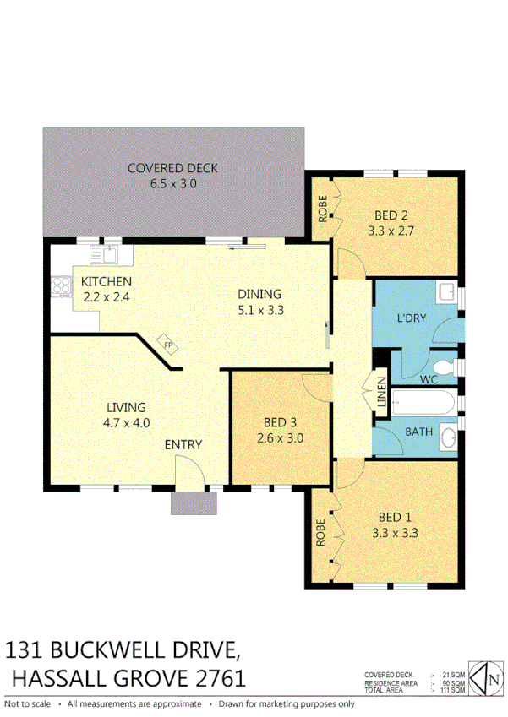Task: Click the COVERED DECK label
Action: pyautogui.click(x=172, y=168)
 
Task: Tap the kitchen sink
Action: pyautogui.click(x=110, y=254)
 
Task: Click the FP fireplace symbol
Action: pyautogui.click(x=167, y=345)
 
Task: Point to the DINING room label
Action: pyautogui.click(x=259, y=294)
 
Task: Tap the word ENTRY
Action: pyautogui.click(x=183, y=445)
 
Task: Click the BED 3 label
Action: pyautogui.click(x=280, y=423)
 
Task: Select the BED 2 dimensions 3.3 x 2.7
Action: pyautogui.click(x=391, y=230)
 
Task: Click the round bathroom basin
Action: pyautogui.click(x=450, y=438)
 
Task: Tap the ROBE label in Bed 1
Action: pyautogui.click(x=322, y=534)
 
